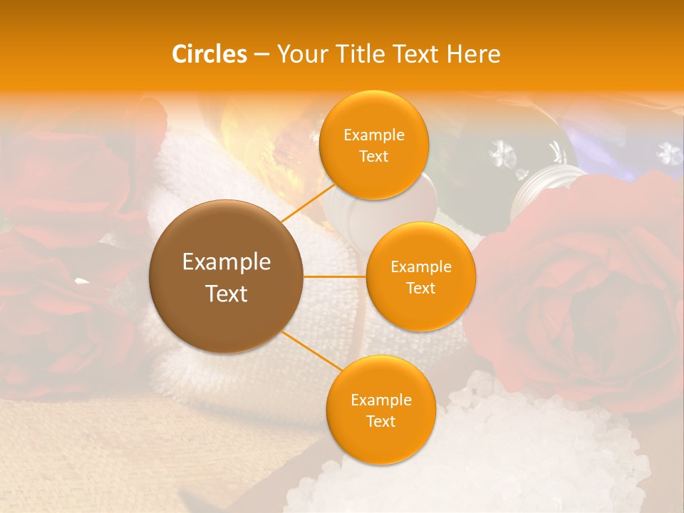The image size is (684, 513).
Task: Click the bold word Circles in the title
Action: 209,54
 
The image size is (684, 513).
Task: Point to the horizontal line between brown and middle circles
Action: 335,276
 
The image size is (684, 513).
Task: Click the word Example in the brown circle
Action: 227,262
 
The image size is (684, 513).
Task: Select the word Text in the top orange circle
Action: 374,156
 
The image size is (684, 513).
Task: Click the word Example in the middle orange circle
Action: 420,266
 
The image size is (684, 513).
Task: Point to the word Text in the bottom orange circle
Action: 380,421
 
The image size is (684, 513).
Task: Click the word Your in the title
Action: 300,54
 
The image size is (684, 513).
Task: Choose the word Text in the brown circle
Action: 227,294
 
